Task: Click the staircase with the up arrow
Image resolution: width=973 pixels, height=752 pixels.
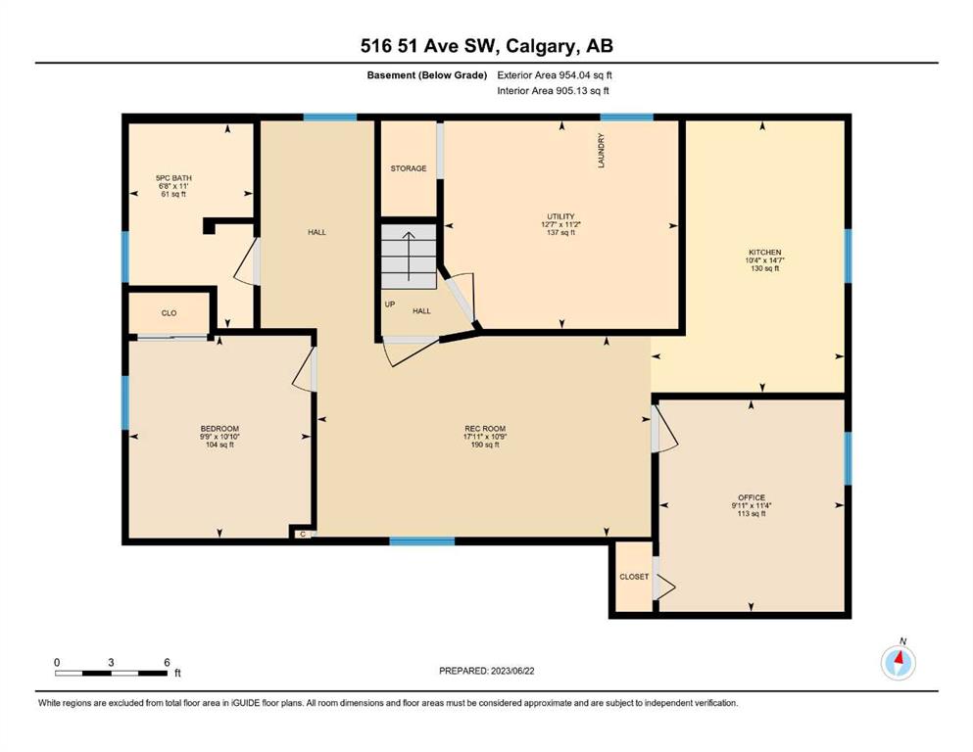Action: tap(409, 257)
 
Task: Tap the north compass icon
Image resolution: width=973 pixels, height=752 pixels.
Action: tap(898, 662)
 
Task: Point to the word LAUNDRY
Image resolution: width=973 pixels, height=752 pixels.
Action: tap(601, 150)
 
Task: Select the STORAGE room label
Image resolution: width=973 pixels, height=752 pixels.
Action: tap(409, 168)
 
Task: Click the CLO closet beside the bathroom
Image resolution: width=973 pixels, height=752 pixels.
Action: tap(169, 313)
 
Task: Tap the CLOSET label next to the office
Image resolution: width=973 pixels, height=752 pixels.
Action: tap(634, 577)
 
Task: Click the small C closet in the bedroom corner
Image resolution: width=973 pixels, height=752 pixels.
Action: tap(303, 534)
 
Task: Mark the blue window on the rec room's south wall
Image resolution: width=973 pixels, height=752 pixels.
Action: tap(422, 541)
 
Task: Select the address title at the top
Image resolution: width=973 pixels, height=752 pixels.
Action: tap(486, 46)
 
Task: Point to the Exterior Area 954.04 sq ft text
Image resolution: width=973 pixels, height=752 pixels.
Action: tap(555, 75)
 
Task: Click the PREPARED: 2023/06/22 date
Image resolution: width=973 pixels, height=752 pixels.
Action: tap(486, 671)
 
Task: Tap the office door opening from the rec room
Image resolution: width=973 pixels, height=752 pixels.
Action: tap(664, 428)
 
